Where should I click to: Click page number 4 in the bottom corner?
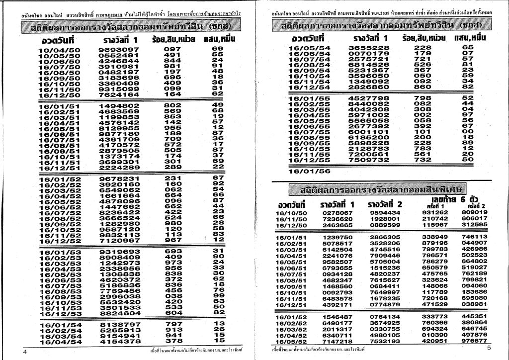(x=24, y=352)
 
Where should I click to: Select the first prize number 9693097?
(x=119, y=49)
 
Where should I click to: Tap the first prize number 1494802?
(x=119, y=105)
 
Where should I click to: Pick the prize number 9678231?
(x=119, y=179)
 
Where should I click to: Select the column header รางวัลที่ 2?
(x=385, y=204)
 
